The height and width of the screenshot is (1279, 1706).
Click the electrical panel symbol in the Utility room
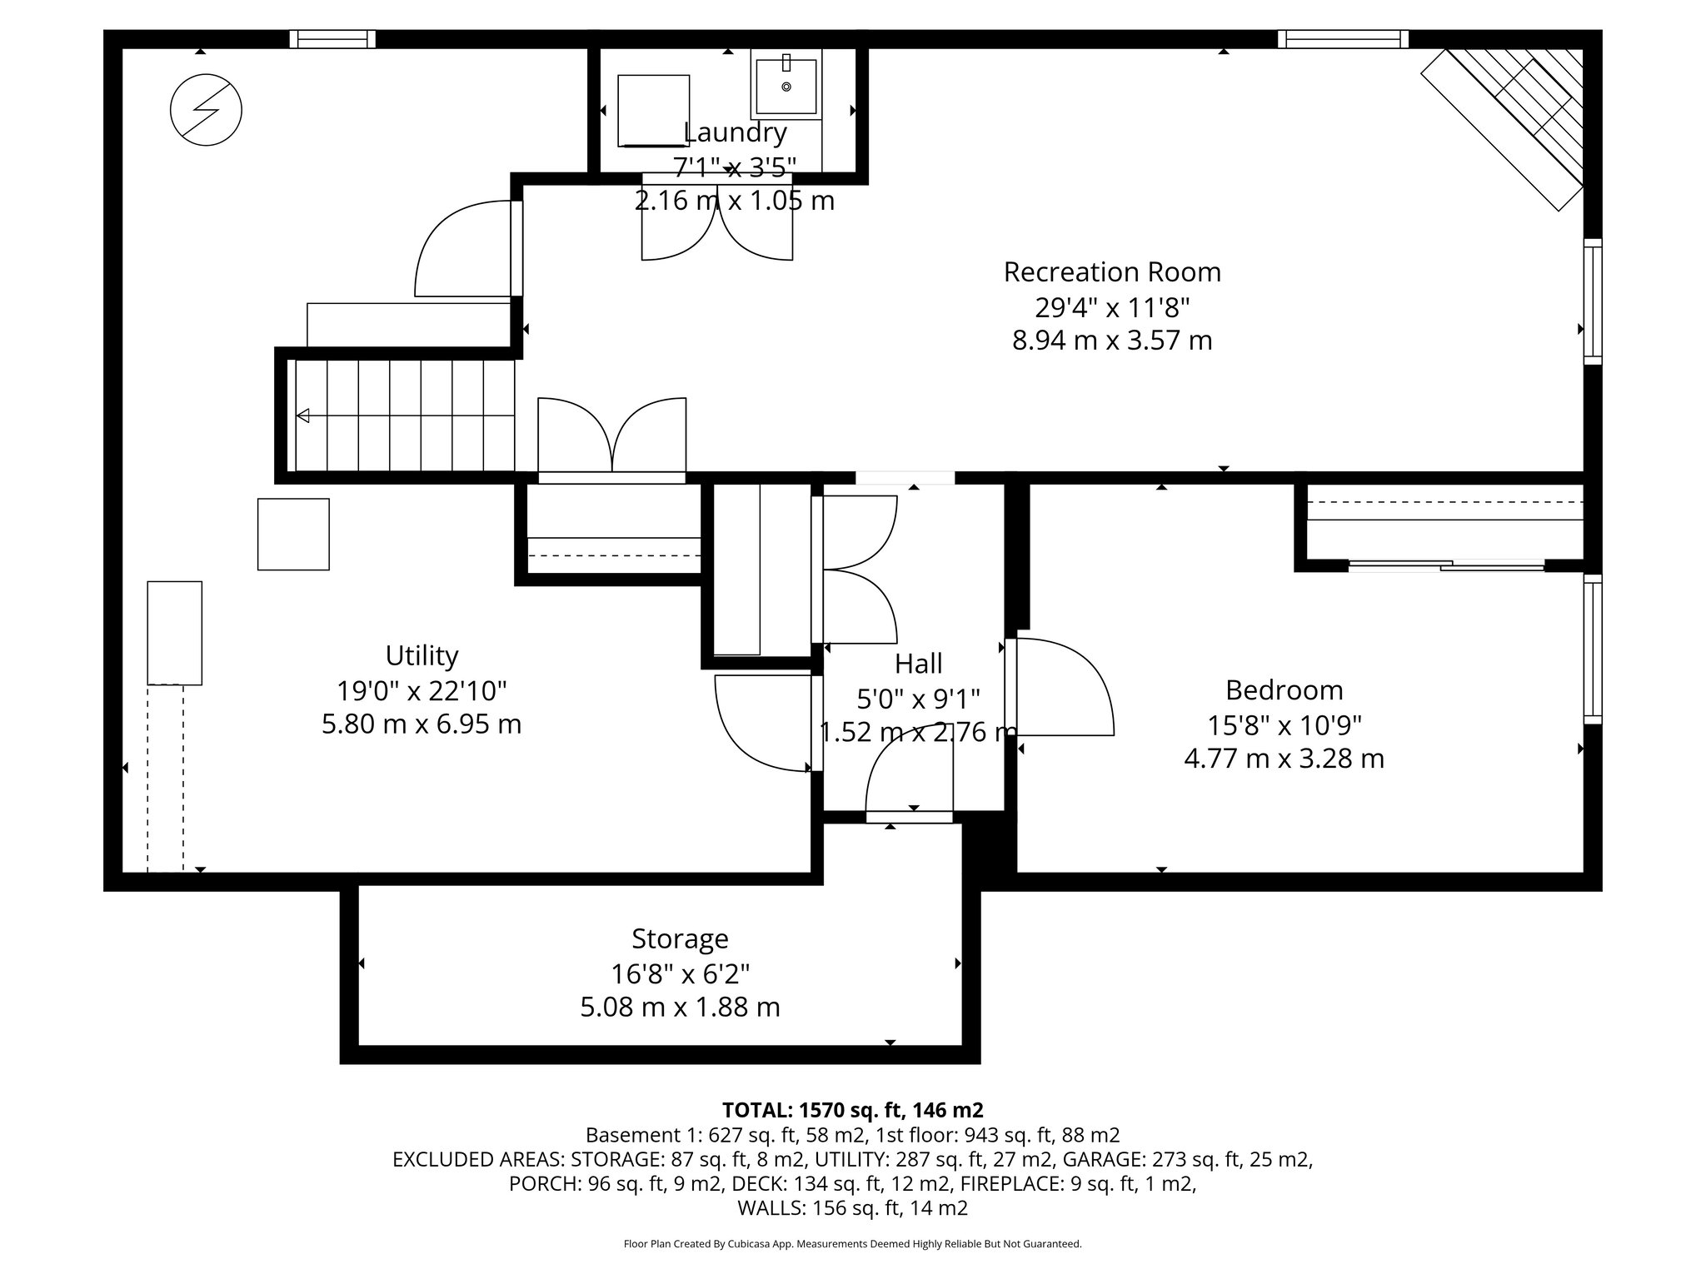coord(206,110)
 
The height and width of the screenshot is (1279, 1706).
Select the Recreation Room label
coord(1111,272)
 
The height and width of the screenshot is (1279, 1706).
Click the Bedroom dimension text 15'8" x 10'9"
coord(1284,725)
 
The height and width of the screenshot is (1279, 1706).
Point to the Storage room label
coord(680,938)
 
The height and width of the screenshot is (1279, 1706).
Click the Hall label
coord(918,664)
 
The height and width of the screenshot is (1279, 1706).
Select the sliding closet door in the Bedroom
coord(1446,566)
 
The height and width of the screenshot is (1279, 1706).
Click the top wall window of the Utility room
coord(332,39)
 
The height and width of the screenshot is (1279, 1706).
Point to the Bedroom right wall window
coord(1592,649)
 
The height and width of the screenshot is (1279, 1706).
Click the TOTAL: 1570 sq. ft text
coord(852,1110)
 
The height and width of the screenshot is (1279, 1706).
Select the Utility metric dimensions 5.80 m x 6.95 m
coord(422,724)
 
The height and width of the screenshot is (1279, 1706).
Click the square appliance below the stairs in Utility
coord(293,534)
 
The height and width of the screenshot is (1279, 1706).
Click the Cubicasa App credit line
coord(852,1244)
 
